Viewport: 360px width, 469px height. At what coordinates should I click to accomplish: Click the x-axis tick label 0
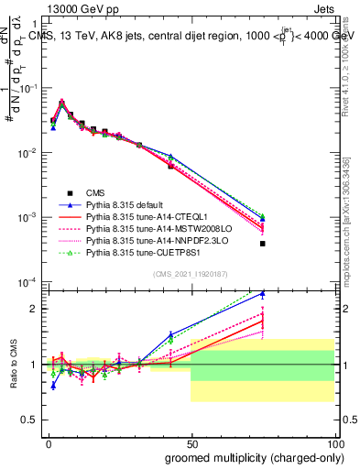[x=48, y=442]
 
